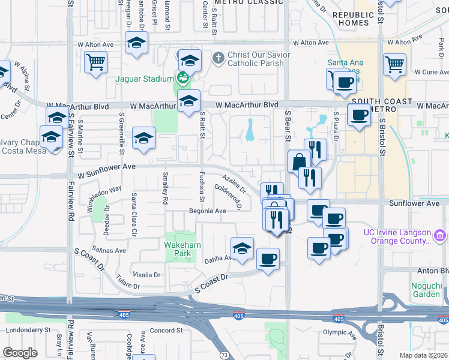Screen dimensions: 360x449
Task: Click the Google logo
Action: [x=20, y=353]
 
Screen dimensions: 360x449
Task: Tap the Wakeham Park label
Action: [x=178, y=249]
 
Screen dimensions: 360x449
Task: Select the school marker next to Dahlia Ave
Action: [x=242, y=248]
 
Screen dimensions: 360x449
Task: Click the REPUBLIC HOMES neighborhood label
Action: [x=353, y=19]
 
